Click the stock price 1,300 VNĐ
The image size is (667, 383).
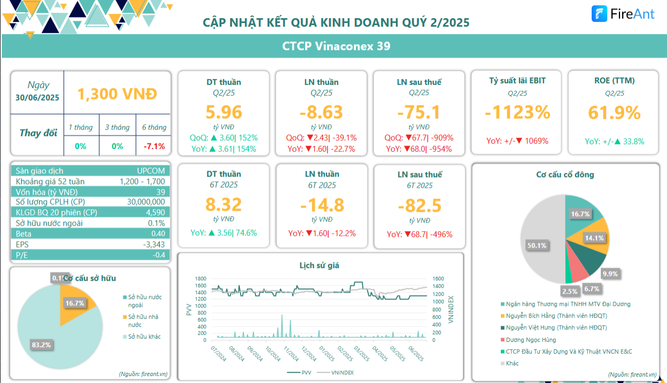pyautogui.click(x=117, y=94)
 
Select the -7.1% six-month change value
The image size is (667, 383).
pyautogui.click(x=154, y=146)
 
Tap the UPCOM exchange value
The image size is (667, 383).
pyautogui.click(x=151, y=171)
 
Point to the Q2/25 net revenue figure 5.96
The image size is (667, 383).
pyautogui.click(x=223, y=112)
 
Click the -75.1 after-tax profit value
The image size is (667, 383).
pyautogui.click(x=419, y=112)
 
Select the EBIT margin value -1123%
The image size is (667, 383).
pyautogui.click(x=517, y=112)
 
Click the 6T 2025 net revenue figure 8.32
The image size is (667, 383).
pyautogui.click(x=223, y=204)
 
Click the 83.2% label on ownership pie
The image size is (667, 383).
pyautogui.click(x=41, y=345)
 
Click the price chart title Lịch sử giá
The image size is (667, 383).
pyautogui.click(x=319, y=265)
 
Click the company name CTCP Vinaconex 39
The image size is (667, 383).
pyautogui.click(x=336, y=46)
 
